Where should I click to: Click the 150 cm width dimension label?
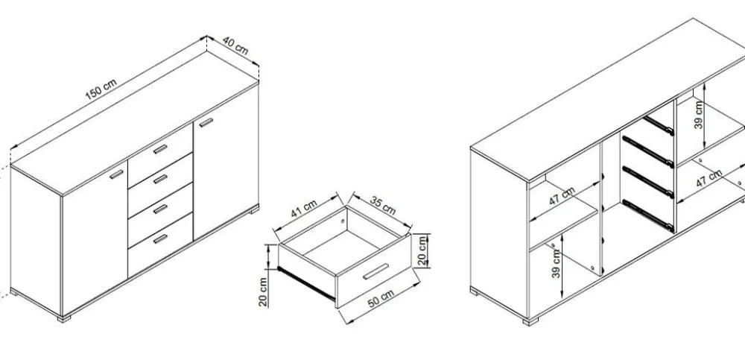[101, 89]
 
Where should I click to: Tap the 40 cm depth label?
[235, 45]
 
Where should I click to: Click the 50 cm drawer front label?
[381, 298]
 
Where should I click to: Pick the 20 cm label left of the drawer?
[264, 291]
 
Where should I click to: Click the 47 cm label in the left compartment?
[562, 196]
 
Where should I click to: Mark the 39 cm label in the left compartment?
[557, 263]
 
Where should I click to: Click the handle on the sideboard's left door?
[116, 174]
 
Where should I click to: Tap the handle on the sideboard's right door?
[206, 122]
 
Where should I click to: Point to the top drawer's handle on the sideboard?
[161, 149]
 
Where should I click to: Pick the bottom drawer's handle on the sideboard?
[161, 239]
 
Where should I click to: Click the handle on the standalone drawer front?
[375, 271]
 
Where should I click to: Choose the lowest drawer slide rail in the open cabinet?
[648, 216]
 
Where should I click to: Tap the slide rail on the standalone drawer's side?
[306, 283]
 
